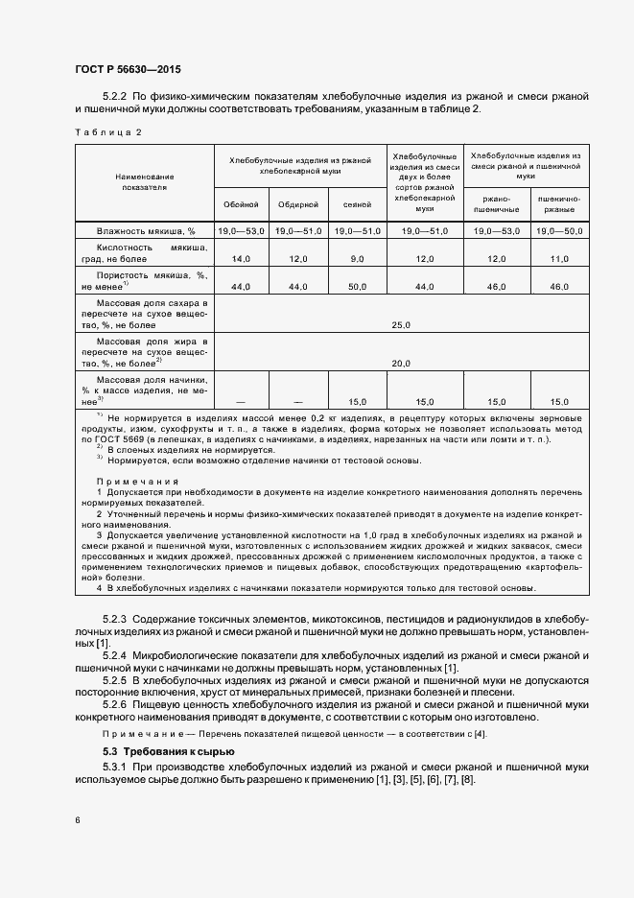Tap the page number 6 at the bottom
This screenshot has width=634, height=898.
point(78,819)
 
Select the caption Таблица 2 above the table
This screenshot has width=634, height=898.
point(107,132)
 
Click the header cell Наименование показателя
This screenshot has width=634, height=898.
point(144,182)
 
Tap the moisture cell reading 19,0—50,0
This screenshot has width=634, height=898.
point(559,231)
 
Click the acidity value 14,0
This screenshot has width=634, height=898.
point(241,259)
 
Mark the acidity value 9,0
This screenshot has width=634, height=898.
point(354,259)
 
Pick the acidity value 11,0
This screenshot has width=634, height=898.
point(559,259)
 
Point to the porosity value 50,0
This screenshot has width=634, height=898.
point(354,287)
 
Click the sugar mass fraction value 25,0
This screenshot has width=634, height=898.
point(401,325)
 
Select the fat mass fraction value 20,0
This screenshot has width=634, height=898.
point(401,363)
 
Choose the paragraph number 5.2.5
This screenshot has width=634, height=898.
point(114,679)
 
